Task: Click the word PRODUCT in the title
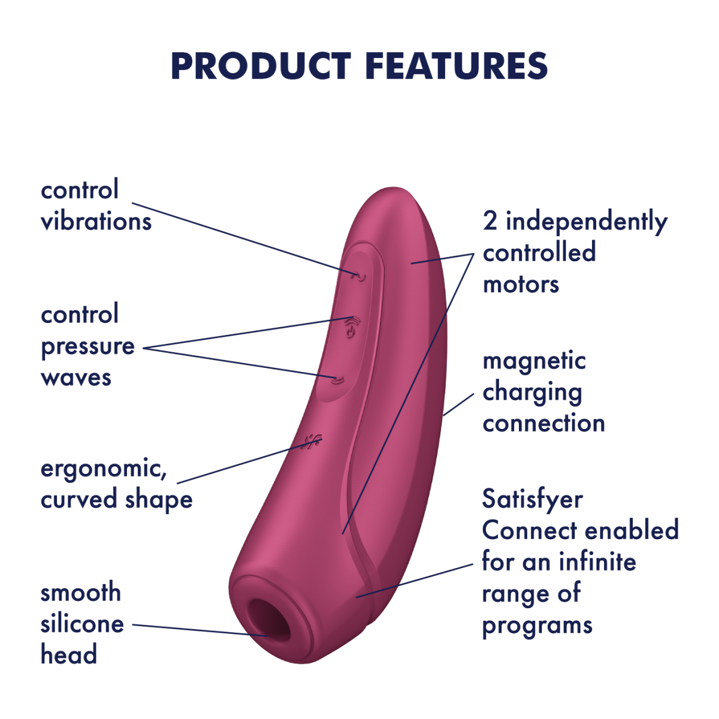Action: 261,66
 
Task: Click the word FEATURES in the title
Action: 457,66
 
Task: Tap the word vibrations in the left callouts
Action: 96,222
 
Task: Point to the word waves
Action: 76,377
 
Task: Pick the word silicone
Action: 82,624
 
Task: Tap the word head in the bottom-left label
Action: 69,655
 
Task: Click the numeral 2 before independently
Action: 490,221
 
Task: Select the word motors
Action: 521,285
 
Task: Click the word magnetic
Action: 534,362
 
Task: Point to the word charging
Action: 533,393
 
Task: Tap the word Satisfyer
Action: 533,500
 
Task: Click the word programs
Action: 537,626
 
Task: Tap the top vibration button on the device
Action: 359,276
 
